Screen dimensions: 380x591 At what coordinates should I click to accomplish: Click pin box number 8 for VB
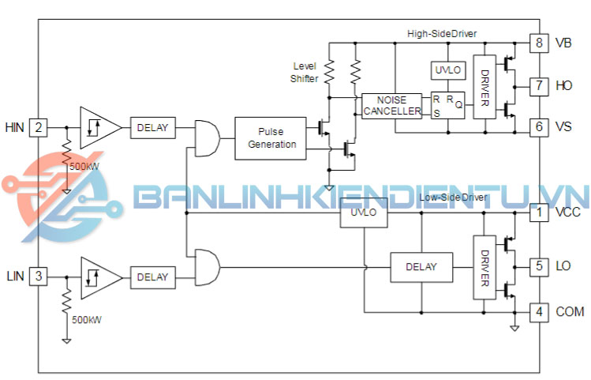[539, 43]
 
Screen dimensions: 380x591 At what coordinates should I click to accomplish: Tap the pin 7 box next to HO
[539, 85]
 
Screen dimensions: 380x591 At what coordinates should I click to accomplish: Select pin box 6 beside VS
[539, 126]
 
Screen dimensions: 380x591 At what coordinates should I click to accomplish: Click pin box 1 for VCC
[539, 213]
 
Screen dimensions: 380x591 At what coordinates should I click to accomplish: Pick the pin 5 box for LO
[539, 266]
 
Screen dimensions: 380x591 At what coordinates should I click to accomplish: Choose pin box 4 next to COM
[539, 311]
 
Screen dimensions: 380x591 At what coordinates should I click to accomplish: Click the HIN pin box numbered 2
[38, 126]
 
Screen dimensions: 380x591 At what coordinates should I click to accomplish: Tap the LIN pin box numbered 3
[38, 277]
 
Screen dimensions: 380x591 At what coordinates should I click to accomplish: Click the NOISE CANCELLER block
[392, 105]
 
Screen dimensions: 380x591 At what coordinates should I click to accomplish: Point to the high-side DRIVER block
[484, 87]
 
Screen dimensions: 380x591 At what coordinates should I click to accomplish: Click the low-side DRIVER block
[484, 267]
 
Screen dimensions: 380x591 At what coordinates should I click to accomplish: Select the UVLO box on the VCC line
[364, 213]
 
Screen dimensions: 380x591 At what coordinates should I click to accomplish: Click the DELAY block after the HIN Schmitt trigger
[153, 127]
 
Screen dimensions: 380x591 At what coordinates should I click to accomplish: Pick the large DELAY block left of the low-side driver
[421, 267]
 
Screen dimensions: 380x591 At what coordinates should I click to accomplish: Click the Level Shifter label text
[305, 72]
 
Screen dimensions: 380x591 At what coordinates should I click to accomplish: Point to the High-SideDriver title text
[441, 33]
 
